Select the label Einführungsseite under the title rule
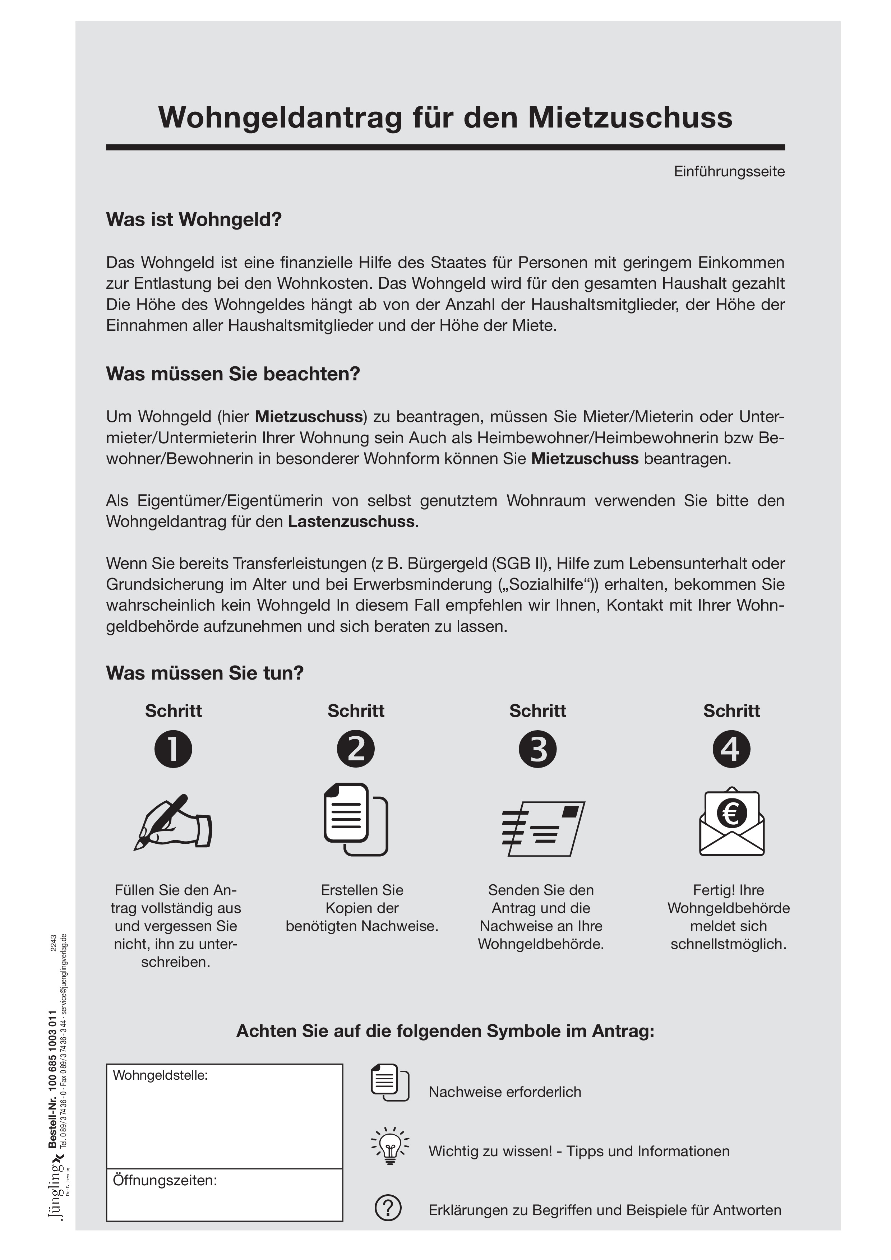tap(729, 172)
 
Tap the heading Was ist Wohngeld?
tap(193, 219)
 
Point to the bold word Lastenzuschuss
tap(351, 521)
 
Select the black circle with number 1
tap(174, 750)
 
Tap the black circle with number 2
tap(356, 750)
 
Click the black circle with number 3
tap(537, 750)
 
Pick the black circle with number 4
tap(731, 750)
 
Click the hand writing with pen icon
tap(173, 823)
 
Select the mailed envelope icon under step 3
tap(543, 829)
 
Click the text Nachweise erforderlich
tap(504, 1092)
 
